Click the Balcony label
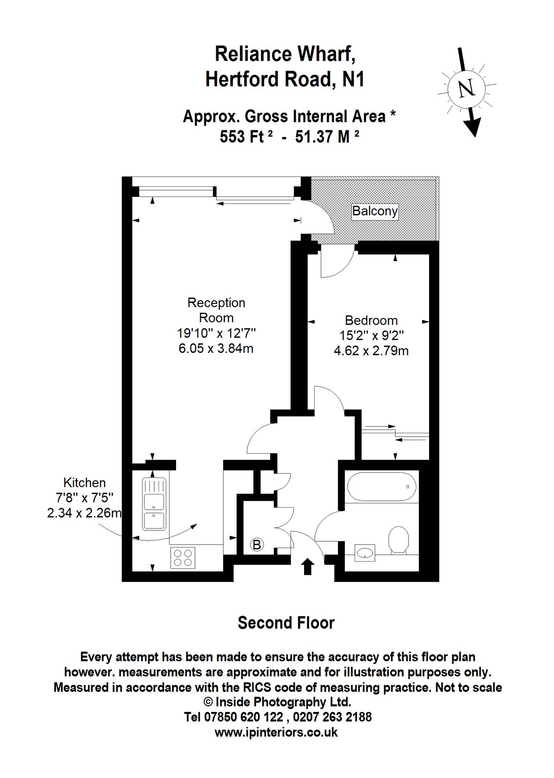coord(375,211)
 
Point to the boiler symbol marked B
coord(257,545)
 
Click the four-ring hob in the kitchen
coord(182,558)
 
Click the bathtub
coord(381,486)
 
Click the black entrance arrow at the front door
coord(307,566)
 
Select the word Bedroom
coord(371,320)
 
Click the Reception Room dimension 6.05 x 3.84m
coord(216,348)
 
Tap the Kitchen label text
coord(85,483)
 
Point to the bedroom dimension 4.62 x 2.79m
coord(371,351)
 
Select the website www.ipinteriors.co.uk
coord(276,732)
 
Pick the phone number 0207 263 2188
coord(332,717)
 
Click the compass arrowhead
coord(473,126)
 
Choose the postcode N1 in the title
coord(354,79)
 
